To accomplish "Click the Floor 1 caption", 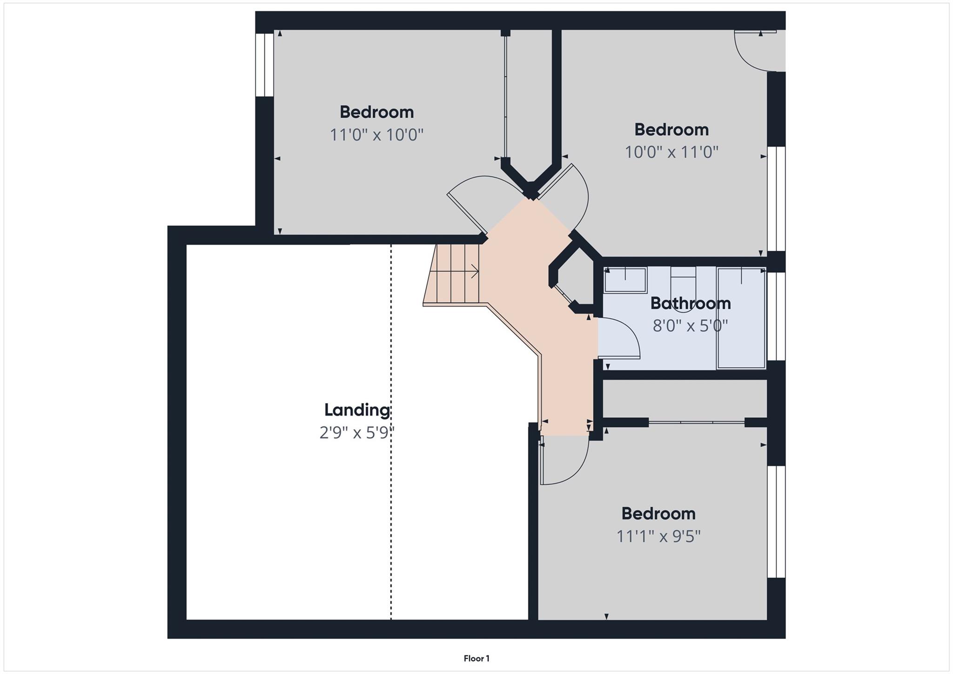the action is (476, 659).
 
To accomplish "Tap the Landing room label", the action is (357, 410).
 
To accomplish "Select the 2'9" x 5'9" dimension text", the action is (357, 433).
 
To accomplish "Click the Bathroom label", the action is (691, 303).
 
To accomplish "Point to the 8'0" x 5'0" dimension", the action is (691, 325).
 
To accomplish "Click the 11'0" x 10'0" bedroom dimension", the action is (377, 135).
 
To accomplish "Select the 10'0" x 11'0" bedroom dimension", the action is (671, 152).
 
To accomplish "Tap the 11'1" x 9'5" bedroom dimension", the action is (658, 536).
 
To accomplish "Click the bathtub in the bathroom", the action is (741, 318).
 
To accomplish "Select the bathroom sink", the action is (625, 280).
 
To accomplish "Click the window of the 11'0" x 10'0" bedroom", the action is (265, 65).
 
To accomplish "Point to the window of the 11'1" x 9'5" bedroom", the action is (776, 522).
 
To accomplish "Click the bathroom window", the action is (776, 316).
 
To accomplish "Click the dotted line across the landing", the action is (391, 432).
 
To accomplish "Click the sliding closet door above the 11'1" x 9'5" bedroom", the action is (697, 422).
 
